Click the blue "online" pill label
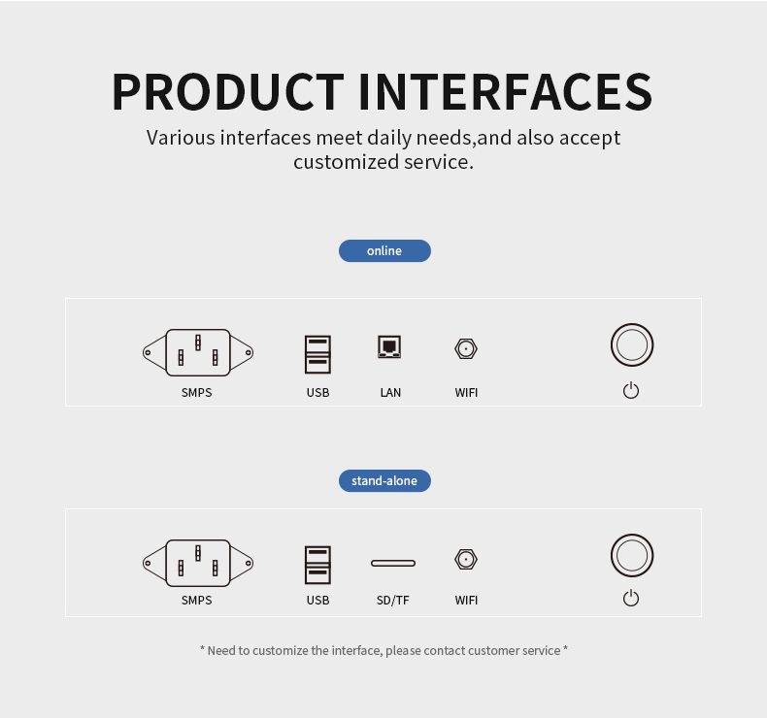(384, 250)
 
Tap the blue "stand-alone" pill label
(384, 481)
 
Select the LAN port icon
(389, 346)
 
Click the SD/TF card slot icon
(393, 563)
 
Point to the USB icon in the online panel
(317, 354)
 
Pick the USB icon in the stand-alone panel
(317, 565)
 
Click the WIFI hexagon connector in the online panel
(466, 349)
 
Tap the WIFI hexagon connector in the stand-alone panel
(466, 559)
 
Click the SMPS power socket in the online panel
(198, 352)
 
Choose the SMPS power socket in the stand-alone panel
(198, 563)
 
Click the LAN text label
(390, 393)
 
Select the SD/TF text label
(393, 601)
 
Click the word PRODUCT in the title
(228, 91)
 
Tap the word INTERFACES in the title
(506, 91)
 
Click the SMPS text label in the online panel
(197, 393)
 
